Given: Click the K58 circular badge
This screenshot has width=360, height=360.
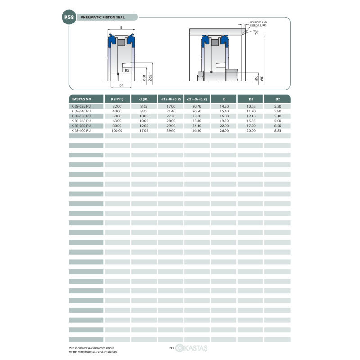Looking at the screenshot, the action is (69, 17).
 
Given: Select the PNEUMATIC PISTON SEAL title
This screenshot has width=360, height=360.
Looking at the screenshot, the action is (103, 17).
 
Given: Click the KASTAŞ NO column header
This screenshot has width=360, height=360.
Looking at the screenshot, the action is (81, 99).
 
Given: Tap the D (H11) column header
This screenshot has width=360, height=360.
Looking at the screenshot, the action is (117, 99).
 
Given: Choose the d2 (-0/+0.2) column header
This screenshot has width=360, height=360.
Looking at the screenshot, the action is (197, 99).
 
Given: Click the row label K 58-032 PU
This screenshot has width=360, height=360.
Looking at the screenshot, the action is (81, 106).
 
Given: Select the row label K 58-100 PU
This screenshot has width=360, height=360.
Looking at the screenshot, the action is (81, 130).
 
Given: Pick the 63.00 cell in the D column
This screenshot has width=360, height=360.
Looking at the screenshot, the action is (117, 121).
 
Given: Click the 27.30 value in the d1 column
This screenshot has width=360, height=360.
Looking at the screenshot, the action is (171, 116).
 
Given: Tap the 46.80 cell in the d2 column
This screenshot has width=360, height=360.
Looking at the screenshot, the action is (197, 130).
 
